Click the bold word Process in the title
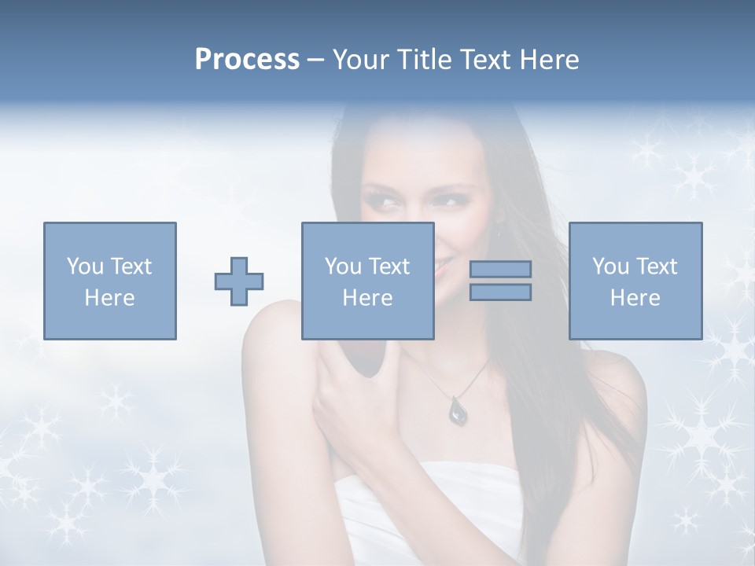point(247,60)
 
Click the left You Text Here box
point(110,281)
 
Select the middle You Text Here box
point(367,281)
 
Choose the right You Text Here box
point(635,281)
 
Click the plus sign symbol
point(239,281)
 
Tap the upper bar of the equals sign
point(500,269)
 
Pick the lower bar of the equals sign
point(500,292)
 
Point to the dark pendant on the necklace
point(457,410)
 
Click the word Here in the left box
point(110,298)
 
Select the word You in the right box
point(610,266)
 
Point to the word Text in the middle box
point(389,266)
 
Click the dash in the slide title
point(316,60)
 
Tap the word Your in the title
point(361,60)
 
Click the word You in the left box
point(84,266)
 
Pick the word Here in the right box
point(635,298)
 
